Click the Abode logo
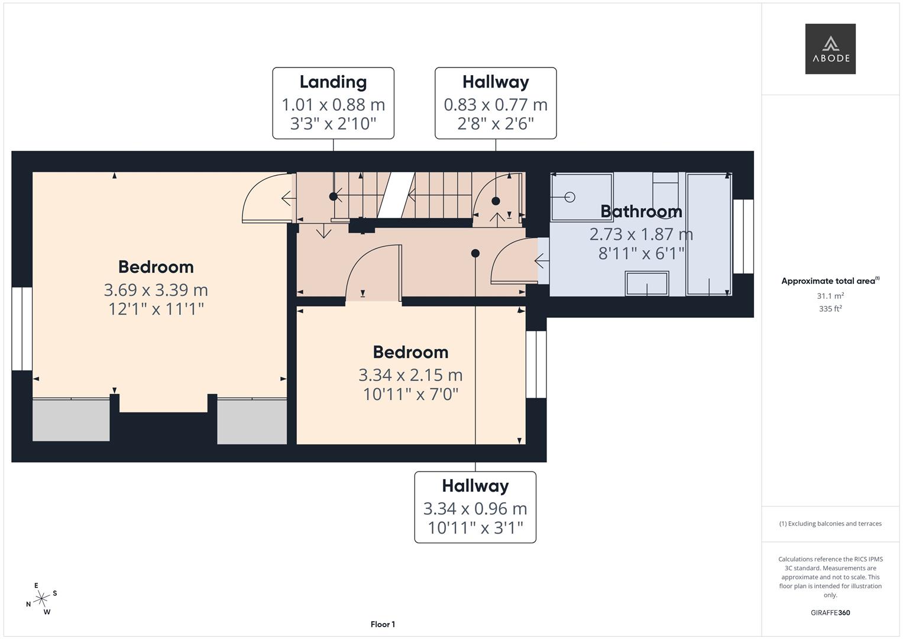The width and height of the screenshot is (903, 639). click(x=830, y=49)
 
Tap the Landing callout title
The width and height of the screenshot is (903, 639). click(x=333, y=82)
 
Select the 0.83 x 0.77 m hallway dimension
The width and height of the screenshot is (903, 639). click(x=496, y=105)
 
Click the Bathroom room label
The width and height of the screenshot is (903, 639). click(x=641, y=211)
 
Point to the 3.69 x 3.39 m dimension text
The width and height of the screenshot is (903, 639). click(x=156, y=290)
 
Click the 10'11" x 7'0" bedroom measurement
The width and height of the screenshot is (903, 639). click(x=410, y=394)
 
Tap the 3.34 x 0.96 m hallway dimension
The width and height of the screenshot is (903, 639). click(x=475, y=509)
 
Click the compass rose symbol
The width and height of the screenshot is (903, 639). click(x=41, y=599)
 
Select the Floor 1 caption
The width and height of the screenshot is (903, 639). click(x=383, y=624)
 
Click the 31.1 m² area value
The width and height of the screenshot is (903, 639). click(x=830, y=296)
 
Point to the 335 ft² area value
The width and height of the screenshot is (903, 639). click(x=830, y=309)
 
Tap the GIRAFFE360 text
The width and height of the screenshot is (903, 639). click(x=830, y=612)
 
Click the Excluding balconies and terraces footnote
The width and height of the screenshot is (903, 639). click(x=830, y=524)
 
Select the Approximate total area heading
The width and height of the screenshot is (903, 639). click(x=830, y=281)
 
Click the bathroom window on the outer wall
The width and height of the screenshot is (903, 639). click(x=743, y=237)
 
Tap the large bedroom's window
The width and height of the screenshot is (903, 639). click(x=22, y=329)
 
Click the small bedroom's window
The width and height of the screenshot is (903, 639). click(x=536, y=364)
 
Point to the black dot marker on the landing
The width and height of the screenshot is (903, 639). click(x=333, y=196)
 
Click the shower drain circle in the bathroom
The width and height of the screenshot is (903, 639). click(x=569, y=197)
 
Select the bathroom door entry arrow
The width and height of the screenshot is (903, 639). click(x=542, y=261)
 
